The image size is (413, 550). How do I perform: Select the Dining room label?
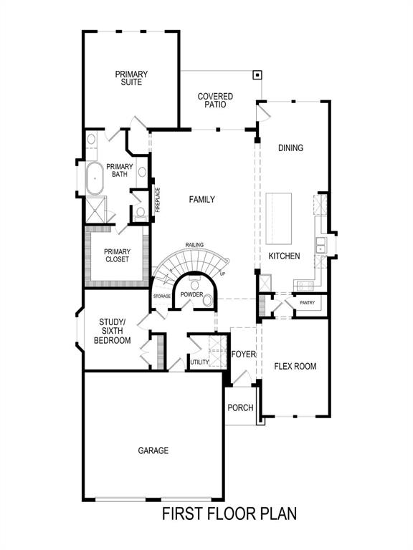(290, 148)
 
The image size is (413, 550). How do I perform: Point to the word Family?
(201, 200)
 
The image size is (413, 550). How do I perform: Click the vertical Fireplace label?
(158, 200)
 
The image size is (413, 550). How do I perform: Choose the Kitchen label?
(284, 256)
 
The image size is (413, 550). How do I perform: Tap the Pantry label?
(307, 303)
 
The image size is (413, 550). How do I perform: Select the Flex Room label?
(295, 366)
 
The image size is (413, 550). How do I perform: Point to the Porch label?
(240, 407)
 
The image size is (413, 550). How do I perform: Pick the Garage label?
(153, 450)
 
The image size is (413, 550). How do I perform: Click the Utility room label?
(199, 362)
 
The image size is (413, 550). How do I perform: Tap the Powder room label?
(191, 295)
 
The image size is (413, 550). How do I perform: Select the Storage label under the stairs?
(161, 296)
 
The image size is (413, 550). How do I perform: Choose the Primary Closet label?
(117, 255)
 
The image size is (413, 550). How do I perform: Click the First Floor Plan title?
(229, 513)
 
